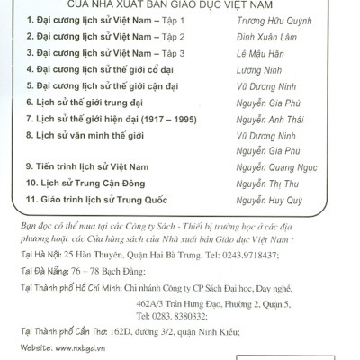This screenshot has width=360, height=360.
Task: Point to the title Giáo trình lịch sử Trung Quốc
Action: point(104,202)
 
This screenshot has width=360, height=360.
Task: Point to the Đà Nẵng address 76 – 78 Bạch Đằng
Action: point(104,270)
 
